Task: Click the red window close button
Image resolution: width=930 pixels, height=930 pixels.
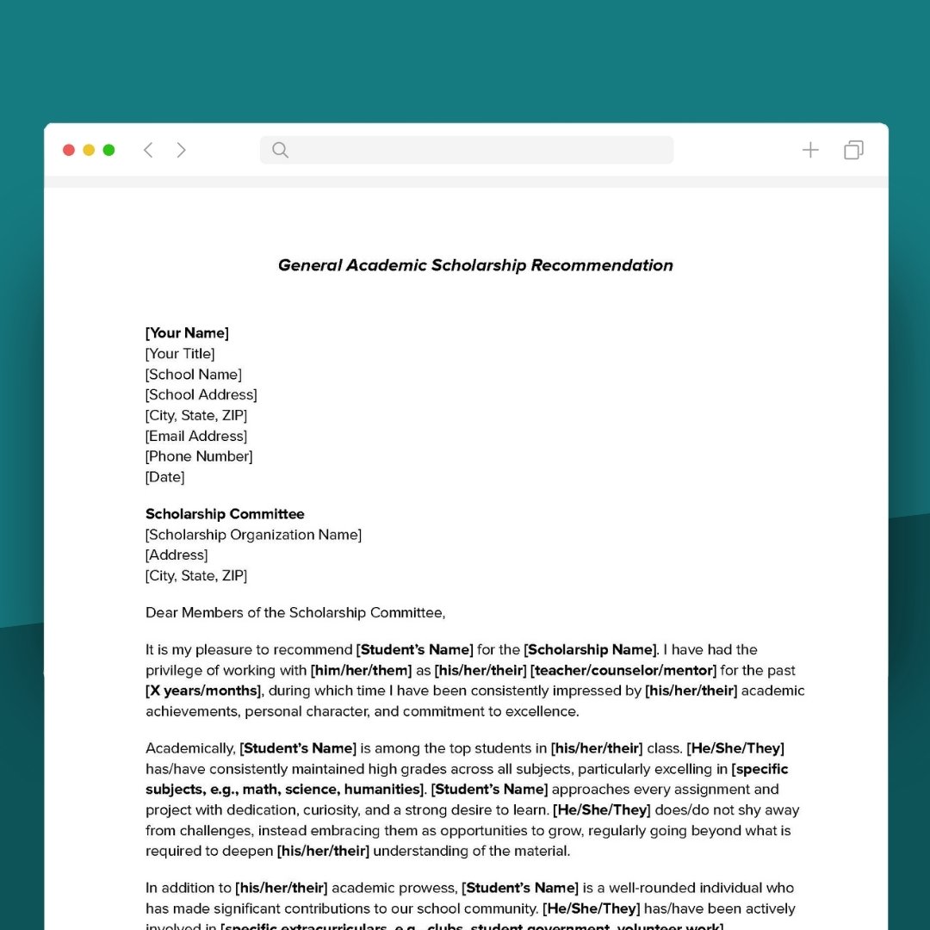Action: [x=69, y=150]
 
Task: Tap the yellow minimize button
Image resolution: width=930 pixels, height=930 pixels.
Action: [x=89, y=150]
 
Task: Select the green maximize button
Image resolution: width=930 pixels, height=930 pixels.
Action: [x=108, y=150]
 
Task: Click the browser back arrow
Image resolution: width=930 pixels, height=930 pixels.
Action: [x=148, y=150]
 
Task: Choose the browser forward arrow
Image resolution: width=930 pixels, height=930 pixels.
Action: [x=181, y=150]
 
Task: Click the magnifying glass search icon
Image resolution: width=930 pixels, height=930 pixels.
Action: [x=280, y=150]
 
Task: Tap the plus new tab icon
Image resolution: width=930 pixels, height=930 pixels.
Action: [x=810, y=150]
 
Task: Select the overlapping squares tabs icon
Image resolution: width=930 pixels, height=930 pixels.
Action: [x=853, y=150]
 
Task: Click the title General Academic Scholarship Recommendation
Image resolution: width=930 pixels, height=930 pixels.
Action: [x=475, y=265]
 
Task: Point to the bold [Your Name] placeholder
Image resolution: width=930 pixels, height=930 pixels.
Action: [x=187, y=333]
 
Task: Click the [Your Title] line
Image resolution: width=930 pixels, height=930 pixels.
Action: [x=180, y=354]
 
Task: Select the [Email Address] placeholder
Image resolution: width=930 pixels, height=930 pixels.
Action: [x=196, y=436]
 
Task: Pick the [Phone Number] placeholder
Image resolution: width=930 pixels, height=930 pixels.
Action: [x=199, y=456]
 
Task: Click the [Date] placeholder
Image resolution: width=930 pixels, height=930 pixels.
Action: [x=164, y=477]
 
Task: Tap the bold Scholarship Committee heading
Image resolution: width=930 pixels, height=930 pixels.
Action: [x=225, y=514]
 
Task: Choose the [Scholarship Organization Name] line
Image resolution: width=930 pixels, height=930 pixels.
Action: [x=253, y=535]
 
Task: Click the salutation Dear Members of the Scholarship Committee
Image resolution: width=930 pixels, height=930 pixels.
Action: [x=295, y=613]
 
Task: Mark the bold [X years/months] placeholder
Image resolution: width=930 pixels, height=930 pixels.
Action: [x=203, y=691]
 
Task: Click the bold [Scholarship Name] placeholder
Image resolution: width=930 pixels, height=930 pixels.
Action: [x=591, y=649]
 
